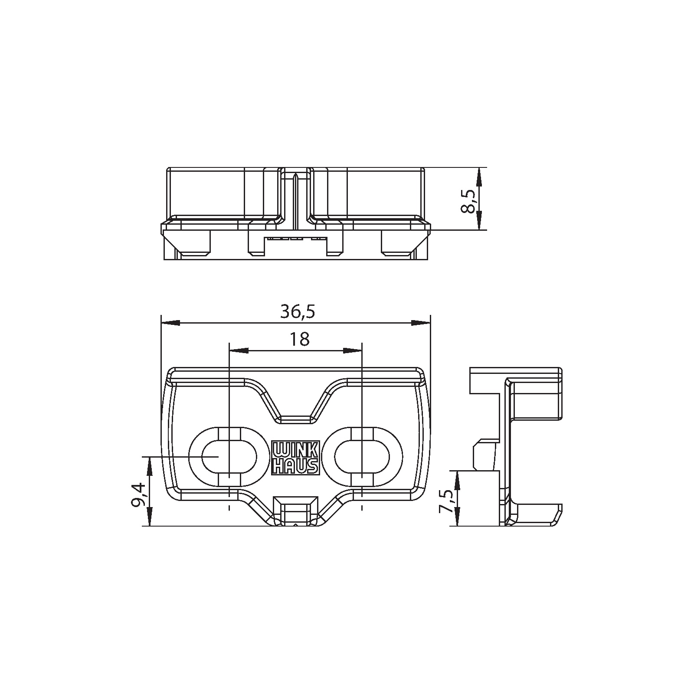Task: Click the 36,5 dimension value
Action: [297, 312]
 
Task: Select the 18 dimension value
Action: [299, 339]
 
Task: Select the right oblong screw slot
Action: [362, 457]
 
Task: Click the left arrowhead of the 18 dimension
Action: [239, 350]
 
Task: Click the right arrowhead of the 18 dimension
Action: [352, 350]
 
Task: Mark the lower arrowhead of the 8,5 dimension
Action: [478, 221]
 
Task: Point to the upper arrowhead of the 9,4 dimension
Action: [149, 466]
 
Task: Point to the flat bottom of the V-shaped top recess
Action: [295, 419]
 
